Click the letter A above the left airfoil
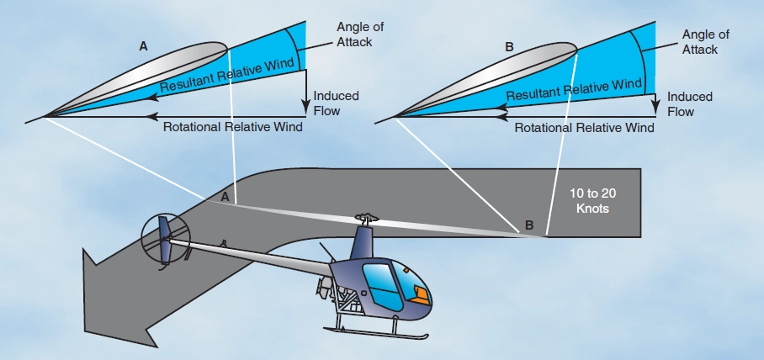point(144,50)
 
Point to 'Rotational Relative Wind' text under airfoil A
point(232,127)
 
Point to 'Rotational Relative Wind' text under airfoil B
point(584,129)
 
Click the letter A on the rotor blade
point(224,196)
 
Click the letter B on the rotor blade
point(528,225)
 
